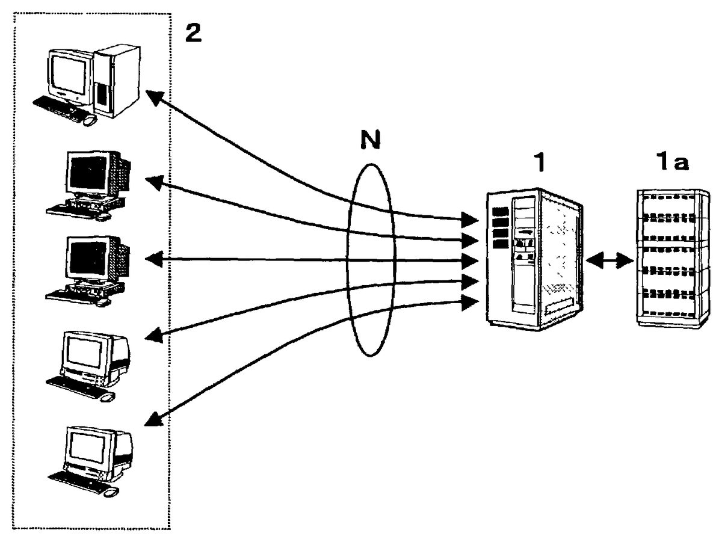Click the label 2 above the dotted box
point(193,34)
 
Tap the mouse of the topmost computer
point(90,120)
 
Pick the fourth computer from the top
point(90,364)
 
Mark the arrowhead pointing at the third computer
point(155,259)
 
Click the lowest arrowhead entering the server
point(470,302)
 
